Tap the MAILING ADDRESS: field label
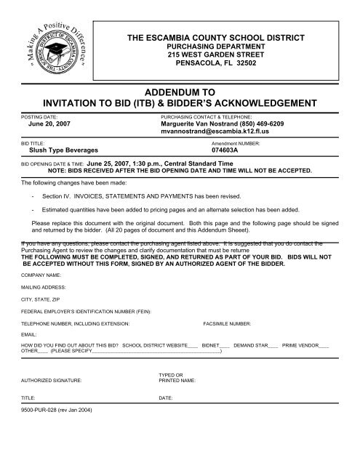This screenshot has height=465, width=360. [x=43, y=288]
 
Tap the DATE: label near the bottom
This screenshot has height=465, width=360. [x=165, y=399]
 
